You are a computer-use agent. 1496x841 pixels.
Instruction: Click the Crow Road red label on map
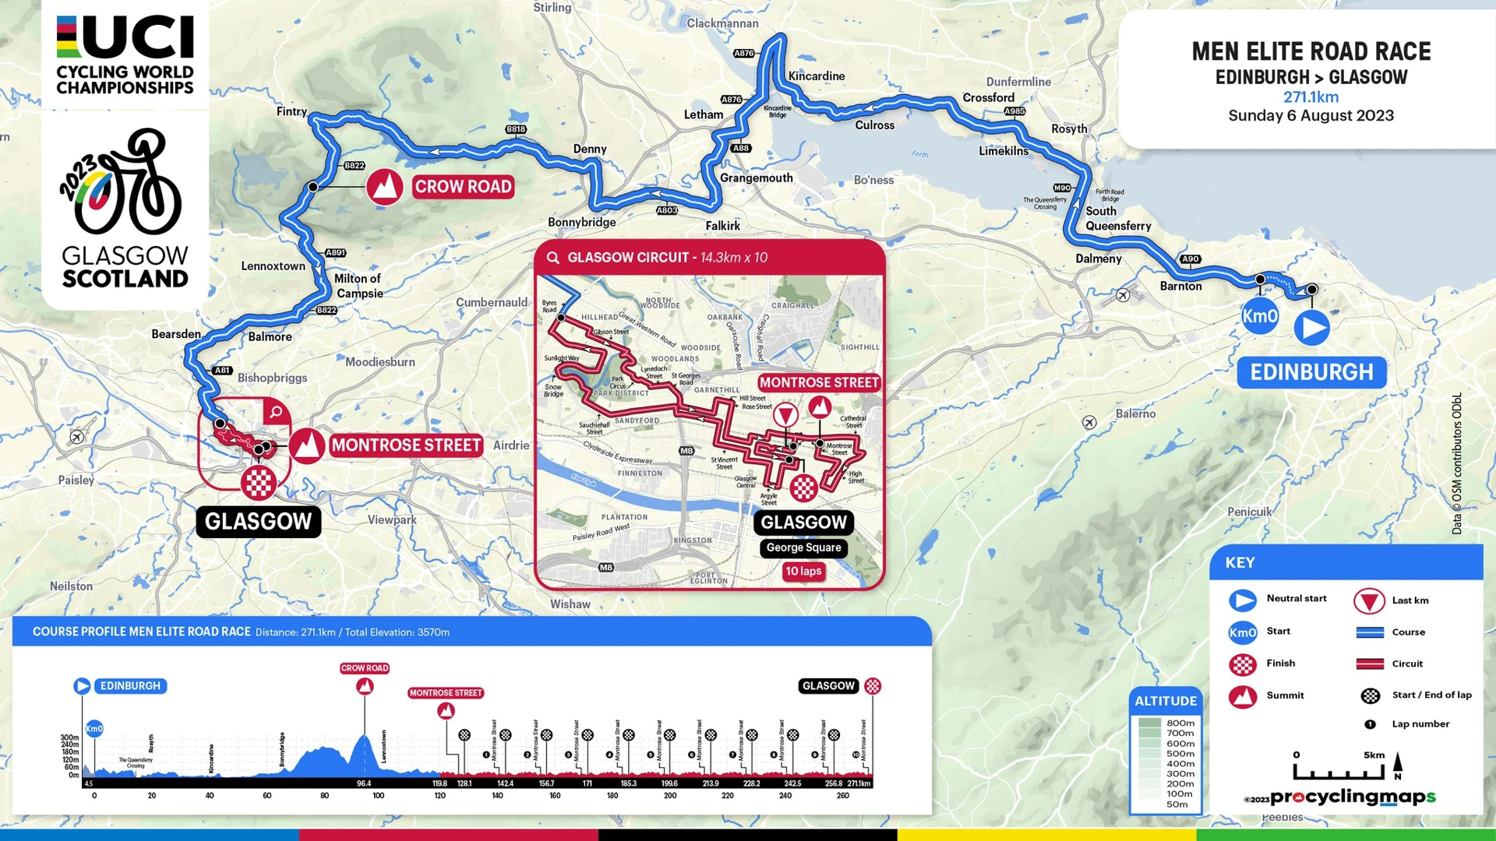pyautogui.click(x=463, y=187)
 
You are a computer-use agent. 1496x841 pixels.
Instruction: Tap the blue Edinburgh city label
pyautogui.click(x=1311, y=372)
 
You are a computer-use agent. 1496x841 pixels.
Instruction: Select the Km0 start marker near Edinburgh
pyautogui.click(x=1259, y=316)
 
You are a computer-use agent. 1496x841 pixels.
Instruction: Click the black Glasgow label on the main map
pyautogui.click(x=258, y=522)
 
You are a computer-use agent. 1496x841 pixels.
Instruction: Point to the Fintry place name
pyautogui.click(x=291, y=111)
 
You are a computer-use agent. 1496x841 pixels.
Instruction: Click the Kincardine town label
pyautogui.click(x=816, y=76)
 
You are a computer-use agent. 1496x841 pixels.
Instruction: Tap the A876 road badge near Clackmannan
pyautogui.click(x=744, y=53)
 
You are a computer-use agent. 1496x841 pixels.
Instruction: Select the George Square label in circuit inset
pyautogui.click(x=803, y=547)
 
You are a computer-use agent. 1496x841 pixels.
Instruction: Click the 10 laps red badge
pyautogui.click(x=803, y=572)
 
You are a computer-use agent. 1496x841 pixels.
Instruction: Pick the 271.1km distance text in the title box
pyautogui.click(x=1311, y=97)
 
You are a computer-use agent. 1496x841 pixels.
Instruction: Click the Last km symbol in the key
pyautogui.click(x=1368, y=600)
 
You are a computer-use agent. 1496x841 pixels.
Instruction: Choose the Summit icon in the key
pyautogui.click(x=1242, y=695)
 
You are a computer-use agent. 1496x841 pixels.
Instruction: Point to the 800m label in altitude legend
pyautogui.click(x=1180, y=723)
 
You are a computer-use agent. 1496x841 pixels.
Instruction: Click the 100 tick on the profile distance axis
pyautogui.click(x=379, y=796)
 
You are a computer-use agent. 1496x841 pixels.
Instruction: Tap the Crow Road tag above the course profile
pyautogui.click(x=364, y=668)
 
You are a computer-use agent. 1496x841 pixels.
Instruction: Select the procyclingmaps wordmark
pyautogui.click(x=1353, y=797)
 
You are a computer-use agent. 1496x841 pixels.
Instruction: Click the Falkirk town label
pyautogui.click(x=722, y=226)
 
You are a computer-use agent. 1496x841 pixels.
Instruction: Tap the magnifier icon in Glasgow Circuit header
pyautogui.click(x=553, y=258)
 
